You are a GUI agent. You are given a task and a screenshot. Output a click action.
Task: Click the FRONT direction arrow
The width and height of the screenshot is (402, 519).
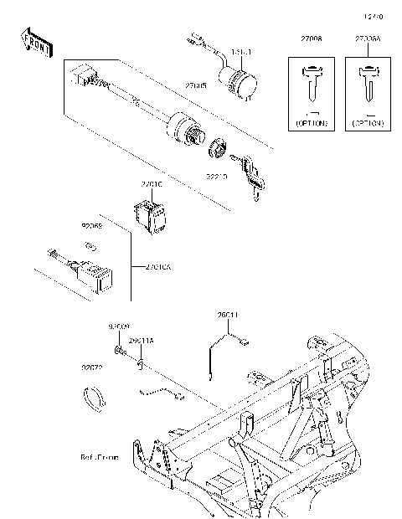pos(36,41)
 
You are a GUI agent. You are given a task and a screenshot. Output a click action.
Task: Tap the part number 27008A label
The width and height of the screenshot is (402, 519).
pos(367,39)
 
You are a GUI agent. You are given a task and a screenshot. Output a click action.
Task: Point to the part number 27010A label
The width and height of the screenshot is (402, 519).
pos(157,268)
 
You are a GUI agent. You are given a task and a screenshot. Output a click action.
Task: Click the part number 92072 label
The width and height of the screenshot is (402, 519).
pos(92,367)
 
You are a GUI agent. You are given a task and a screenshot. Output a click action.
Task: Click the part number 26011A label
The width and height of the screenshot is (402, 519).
pos(142,342)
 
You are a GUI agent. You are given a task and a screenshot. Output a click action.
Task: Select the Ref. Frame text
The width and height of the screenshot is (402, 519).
pos(100,459)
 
